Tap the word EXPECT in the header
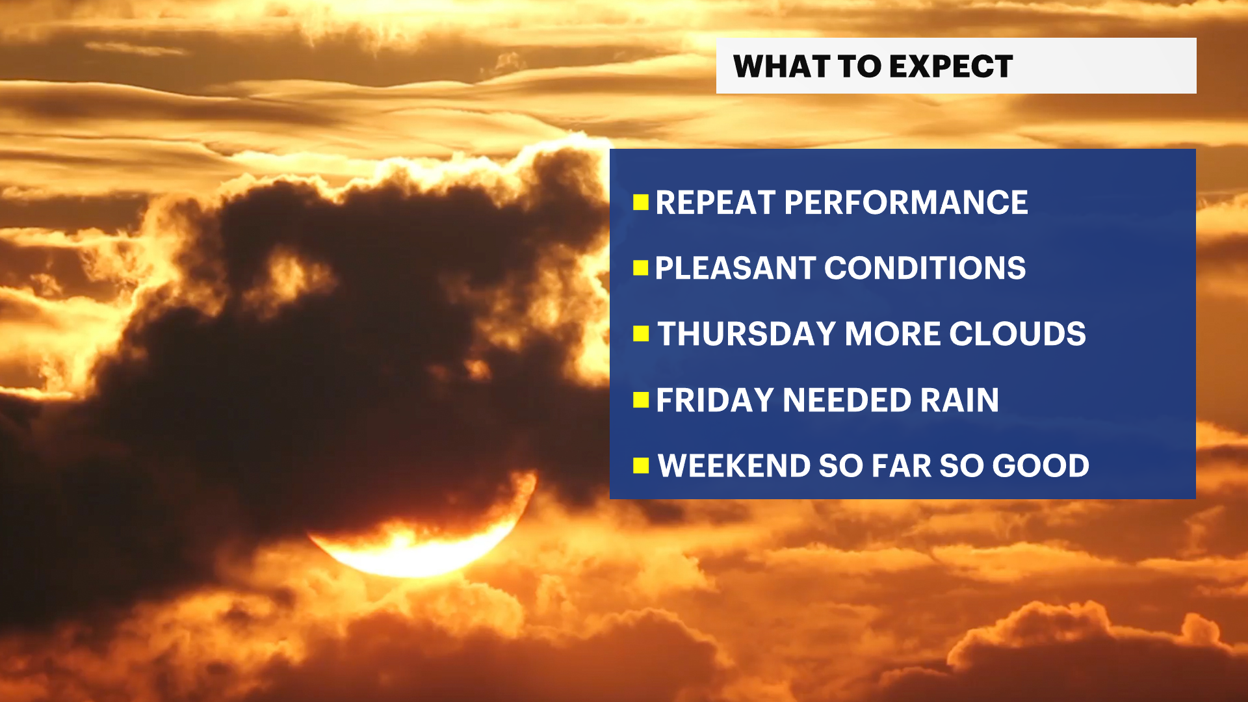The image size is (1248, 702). [x=951, y=66]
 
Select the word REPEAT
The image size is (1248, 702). [x=715, y=203]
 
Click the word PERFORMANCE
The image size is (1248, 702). [x=906, y=203]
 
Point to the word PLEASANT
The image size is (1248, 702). [x=734, y=268]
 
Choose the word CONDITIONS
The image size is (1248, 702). [x=925, y=268]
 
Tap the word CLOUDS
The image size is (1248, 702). [x=1017, y=334]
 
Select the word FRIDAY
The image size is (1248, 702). [x=714, y=400]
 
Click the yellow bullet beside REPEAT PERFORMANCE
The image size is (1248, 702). [x=641, y=203]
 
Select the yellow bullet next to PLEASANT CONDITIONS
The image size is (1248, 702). [x=641, y=268]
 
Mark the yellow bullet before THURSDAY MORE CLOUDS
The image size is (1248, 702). [x=641, y=334]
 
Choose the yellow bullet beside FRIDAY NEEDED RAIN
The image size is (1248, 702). [x=641, y=400]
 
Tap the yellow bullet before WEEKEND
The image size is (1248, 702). [x=641, y=466]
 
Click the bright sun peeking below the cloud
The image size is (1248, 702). [x=416, y=549]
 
